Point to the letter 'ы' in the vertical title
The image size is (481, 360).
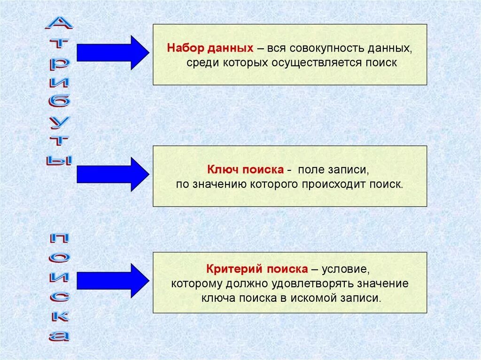click(59, 160)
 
